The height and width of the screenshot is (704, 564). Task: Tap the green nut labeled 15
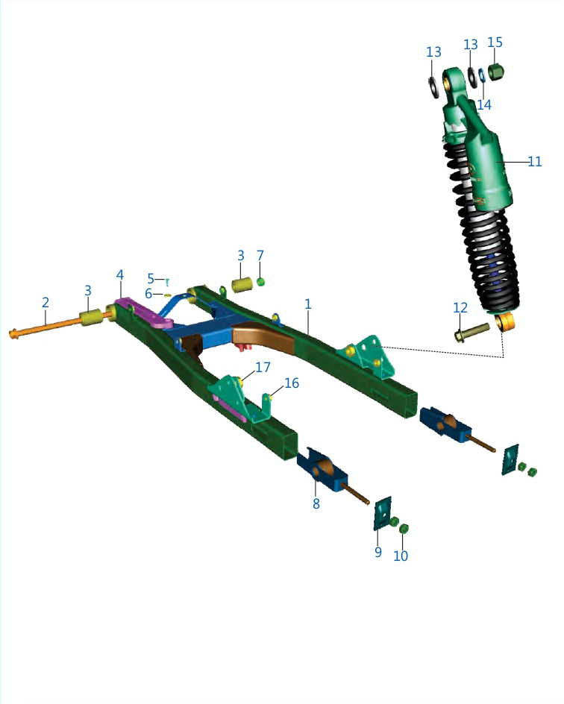coord(496,72)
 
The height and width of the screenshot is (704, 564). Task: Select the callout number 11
coord(534,162)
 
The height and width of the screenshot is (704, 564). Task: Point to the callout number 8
coord(316,503)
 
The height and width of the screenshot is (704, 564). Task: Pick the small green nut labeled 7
coord(260,282)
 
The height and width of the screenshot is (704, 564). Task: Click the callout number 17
coord(263,367)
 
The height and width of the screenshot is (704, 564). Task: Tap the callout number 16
coord(292,383)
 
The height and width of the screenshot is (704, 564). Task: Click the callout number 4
coord(120,274)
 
